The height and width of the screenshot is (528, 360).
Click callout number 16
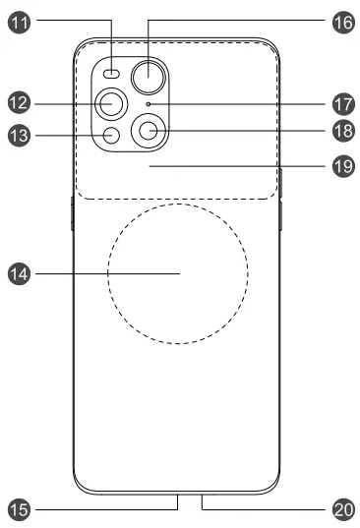click(342, 19)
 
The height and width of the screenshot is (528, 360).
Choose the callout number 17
click(342, 102)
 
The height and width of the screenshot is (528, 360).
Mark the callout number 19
click(342, 167)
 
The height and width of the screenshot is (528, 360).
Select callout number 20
click(342, 508)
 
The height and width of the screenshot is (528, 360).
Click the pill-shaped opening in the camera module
click(112, 74)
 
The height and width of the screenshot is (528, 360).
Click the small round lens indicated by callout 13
click(111, 137)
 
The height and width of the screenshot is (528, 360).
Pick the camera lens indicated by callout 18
click(150, 130)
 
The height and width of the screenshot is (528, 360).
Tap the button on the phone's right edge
click(281, 212)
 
